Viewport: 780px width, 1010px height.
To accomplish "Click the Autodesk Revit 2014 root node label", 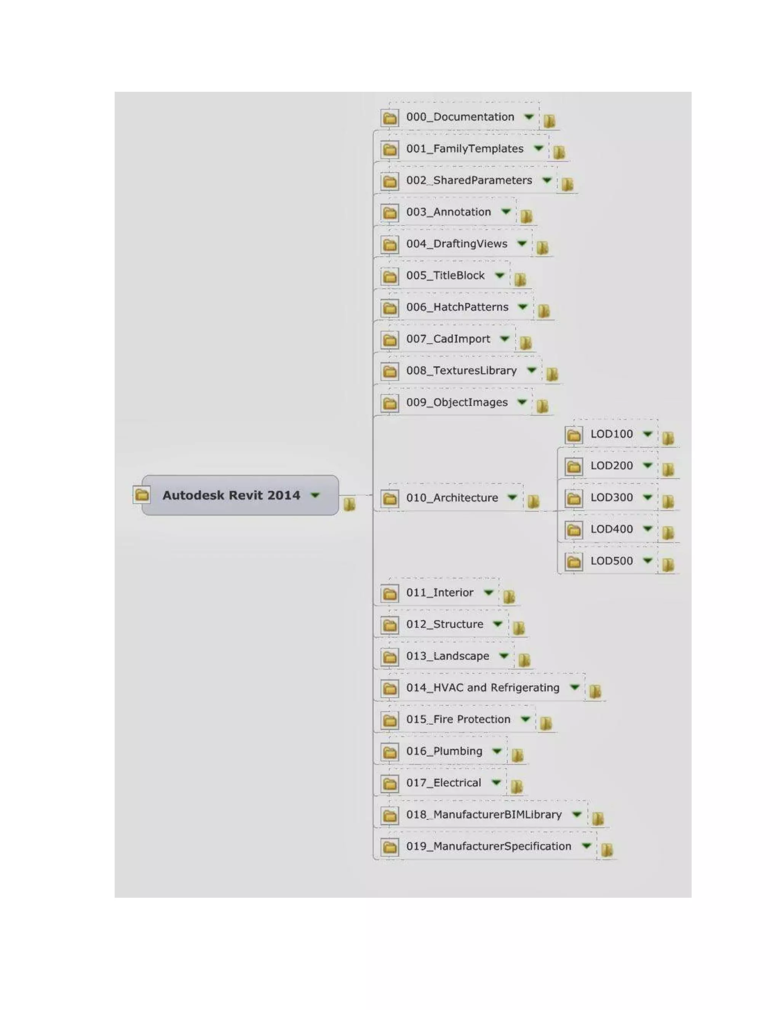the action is pos(231,495).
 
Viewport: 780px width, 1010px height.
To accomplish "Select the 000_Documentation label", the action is pos(460,117).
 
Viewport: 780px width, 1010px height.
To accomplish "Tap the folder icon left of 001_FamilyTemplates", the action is pos(390,149).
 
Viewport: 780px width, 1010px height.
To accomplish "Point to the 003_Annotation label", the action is pos(448,212).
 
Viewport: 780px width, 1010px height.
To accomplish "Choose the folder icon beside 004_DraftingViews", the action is pos(390,244).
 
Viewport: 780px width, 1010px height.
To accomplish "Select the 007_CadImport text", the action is pos(448,339).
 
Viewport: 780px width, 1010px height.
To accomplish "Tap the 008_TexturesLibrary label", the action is pos(461,371).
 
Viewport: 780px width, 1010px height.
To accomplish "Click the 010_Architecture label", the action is pos(452,498).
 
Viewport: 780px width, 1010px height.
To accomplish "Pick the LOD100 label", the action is pos(611,434).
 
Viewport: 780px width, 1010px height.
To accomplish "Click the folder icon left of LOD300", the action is pos(574,499).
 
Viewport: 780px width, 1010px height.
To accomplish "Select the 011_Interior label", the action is pos(440,593).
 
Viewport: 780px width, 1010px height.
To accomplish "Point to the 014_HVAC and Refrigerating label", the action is pos(483,688).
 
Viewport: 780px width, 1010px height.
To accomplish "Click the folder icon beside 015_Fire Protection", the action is pos(390,720).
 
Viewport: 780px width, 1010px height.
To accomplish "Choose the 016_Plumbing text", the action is pos(444,752).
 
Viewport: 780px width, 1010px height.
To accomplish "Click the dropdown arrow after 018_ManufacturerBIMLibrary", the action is pos(577,814).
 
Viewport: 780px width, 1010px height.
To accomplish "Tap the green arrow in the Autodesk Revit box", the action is pos(315,495).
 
